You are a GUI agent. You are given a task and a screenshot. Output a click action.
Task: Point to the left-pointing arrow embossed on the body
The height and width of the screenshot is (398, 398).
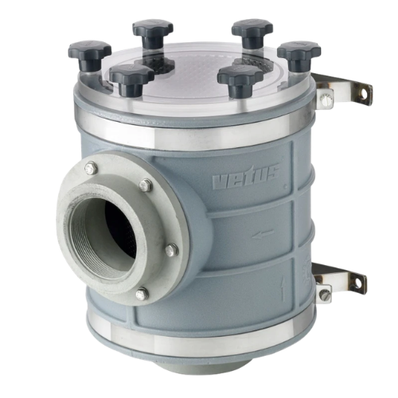point(263,233)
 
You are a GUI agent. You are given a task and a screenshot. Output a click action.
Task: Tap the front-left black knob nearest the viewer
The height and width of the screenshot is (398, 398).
point(132,79)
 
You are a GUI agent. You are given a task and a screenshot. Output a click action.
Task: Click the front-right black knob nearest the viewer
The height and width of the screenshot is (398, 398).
point(240,79)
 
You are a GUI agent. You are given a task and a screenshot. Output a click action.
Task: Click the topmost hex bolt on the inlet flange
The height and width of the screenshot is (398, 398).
point(91,167)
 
